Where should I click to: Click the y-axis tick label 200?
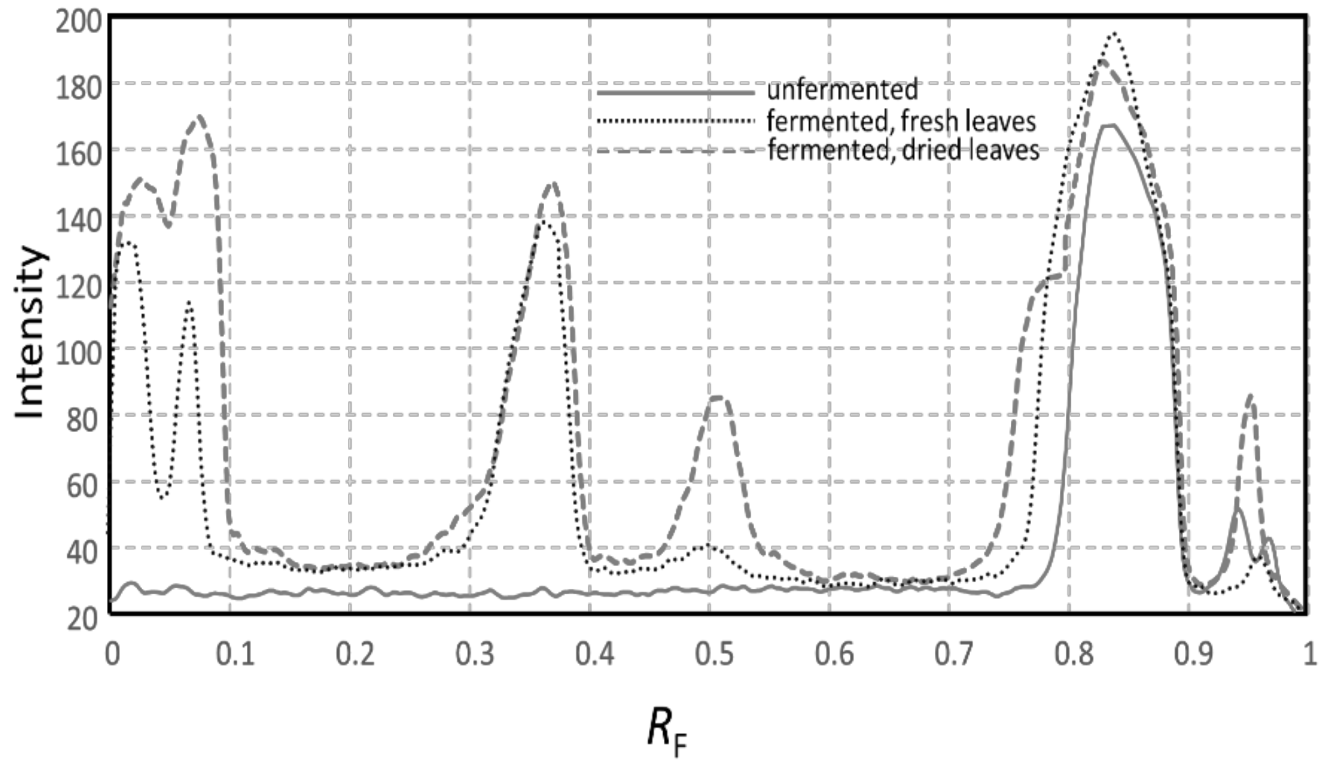(79, 23)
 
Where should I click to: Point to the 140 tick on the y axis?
(79, 220)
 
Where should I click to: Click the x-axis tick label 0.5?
(714, 655)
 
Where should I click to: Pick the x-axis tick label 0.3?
(474, 655)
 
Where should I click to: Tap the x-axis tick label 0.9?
(1193, 655)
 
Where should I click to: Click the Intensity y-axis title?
(30, 333)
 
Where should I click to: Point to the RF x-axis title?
(666, 730)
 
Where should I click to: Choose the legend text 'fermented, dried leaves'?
(903, 150)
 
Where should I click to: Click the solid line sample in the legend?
(676, 93)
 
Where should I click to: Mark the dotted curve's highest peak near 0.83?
(1114, 34)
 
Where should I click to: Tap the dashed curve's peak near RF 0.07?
(199, 116)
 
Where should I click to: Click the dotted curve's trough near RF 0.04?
(161, 497)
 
